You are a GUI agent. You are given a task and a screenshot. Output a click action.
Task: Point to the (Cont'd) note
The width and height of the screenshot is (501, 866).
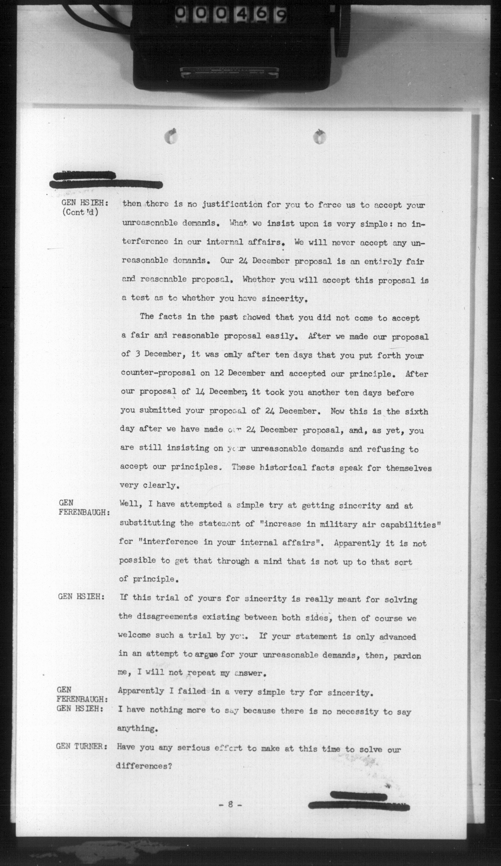tap(80, 212)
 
